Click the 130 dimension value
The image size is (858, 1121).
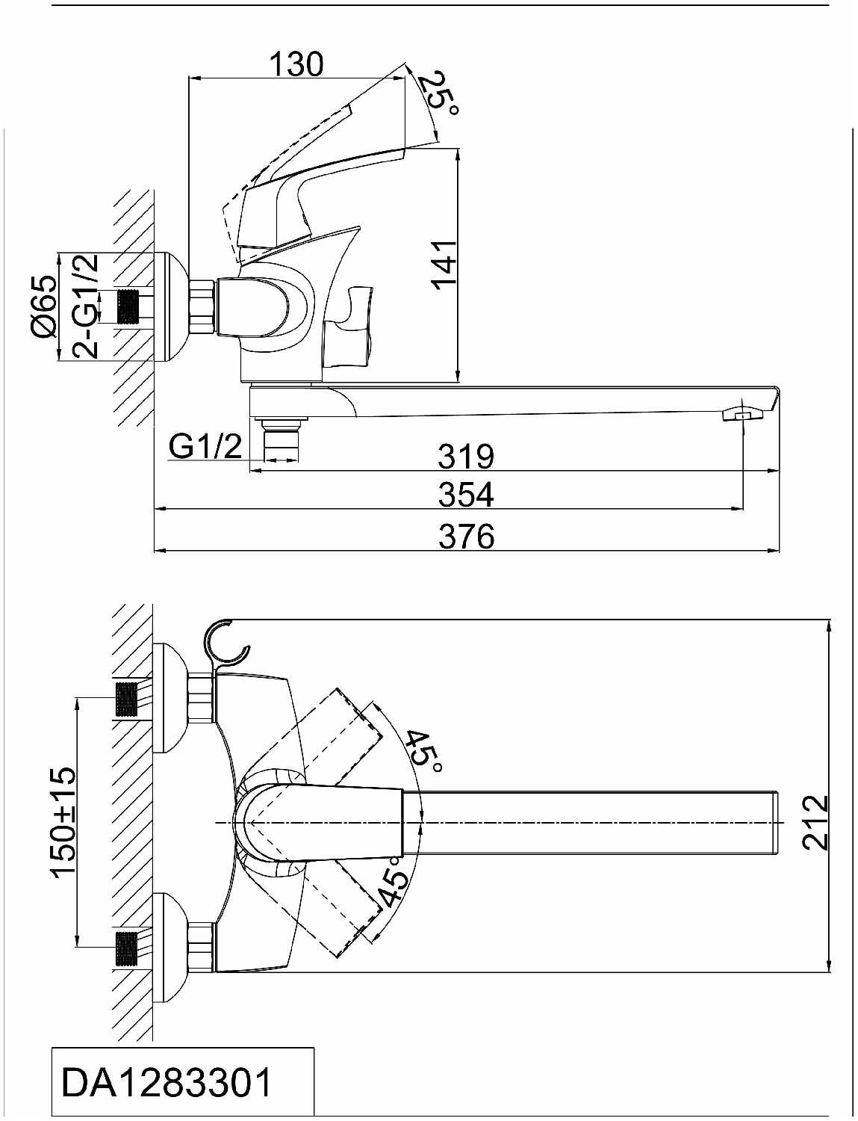[x=296, y=64]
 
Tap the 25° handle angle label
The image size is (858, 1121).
[x=438, y=94]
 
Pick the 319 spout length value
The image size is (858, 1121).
[x=466, y=456]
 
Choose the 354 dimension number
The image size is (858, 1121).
[x=466, y=494]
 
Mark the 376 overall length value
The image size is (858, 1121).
[x=467, y=536]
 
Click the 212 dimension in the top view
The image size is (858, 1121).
[x=815, y=823]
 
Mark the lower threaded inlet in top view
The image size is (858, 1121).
[x=127, y=948]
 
